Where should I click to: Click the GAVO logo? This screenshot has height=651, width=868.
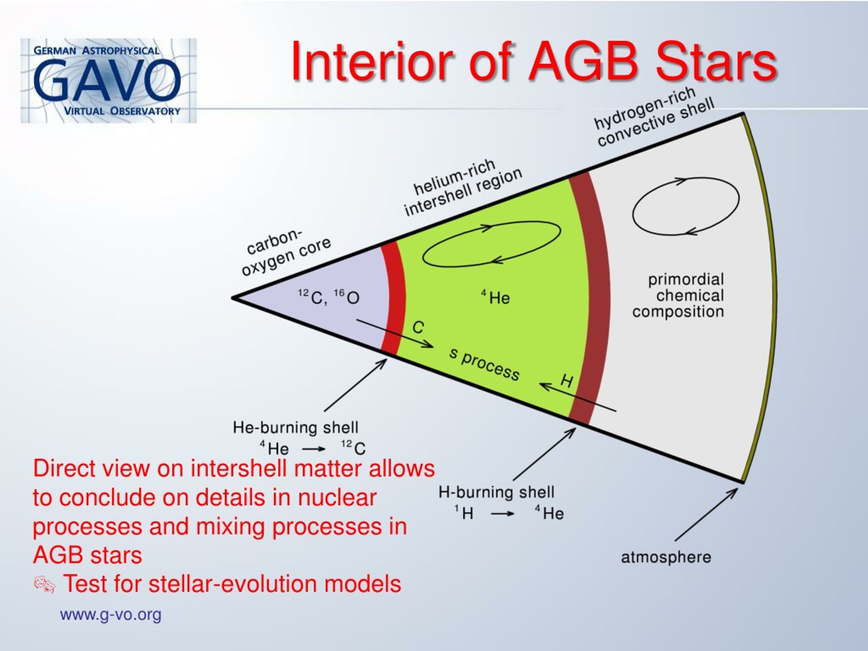pyautogui.click(x=108, y=80)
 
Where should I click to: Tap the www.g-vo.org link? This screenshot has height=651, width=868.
pyautogui.click(x=111, y=614)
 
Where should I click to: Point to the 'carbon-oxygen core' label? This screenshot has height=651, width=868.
pyautogui.click(x=287, y=252)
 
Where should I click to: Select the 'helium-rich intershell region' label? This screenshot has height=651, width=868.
pyautogui.click(x=463, y=187)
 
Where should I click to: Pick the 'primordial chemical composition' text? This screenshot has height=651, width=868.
pyautogui.click(x=678, y=295)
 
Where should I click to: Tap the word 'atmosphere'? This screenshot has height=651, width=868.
pyautogui.click(x=666, y=557)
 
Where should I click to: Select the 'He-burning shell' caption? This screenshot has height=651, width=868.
pyautogui.click(x=295, y=427)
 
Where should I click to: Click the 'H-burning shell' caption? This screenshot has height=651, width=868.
pyautogui.click(x=496, y=492)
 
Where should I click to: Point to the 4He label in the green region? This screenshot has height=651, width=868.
pyautogui.click(x=496, y=297)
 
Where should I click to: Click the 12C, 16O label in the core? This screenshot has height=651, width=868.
pyautogui.click(x=329, y=297)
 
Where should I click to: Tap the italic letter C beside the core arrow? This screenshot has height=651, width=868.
pyautogui.click(x=418, y=327)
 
